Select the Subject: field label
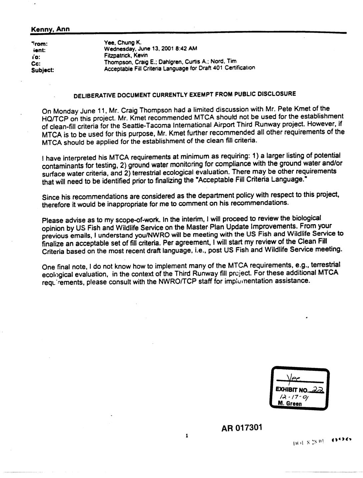42,70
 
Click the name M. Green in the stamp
290,404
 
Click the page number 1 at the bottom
187,435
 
